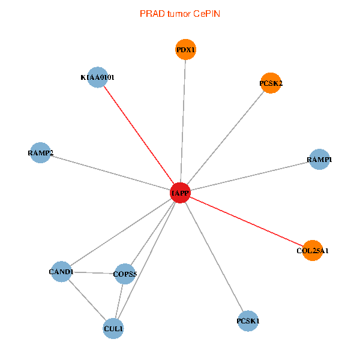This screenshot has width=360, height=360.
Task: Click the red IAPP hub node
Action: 181,193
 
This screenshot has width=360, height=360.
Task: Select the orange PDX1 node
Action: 186,50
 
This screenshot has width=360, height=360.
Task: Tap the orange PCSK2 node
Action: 271,83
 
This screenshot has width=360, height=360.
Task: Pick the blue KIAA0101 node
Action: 97,77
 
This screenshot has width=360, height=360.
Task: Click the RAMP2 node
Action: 40,153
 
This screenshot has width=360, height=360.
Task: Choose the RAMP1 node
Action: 319,160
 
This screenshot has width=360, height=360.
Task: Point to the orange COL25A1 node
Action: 313,250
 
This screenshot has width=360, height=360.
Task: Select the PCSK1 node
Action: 248,321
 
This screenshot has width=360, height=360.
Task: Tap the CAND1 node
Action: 61,272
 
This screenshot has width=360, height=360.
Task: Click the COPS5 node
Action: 125,274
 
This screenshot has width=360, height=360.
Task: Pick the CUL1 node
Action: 113,329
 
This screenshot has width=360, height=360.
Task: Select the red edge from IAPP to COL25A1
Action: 247,221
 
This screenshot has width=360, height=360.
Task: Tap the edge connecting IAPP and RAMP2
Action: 110,173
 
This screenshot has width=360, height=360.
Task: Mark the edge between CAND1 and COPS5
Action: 93,273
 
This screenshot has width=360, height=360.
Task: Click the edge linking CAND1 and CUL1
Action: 87,300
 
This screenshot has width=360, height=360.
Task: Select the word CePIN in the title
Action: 206,13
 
